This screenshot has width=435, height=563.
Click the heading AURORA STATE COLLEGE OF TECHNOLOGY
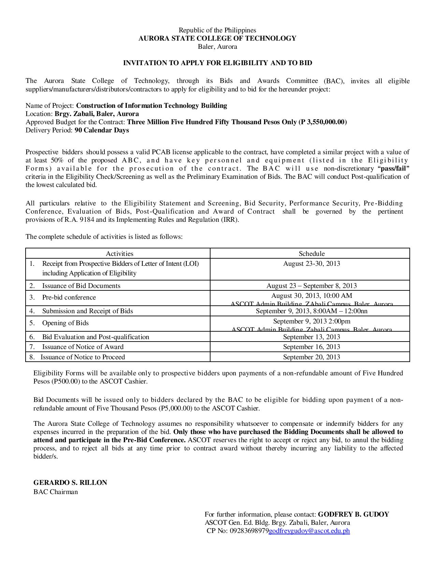click(x=217, y=39)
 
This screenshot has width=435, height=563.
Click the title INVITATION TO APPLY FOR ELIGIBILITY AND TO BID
click(x=217, y=63)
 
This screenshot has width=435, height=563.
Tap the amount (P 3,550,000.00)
click(x=322, y=122)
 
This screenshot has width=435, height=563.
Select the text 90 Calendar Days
click(x=102, y=130)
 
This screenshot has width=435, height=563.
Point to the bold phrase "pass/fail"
click(x=393, y=169)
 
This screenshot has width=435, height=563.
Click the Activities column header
click(x=119, y=254)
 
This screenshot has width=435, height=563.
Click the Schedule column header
click(x=311, y=254)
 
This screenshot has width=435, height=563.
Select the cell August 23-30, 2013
click(x=311, y=264)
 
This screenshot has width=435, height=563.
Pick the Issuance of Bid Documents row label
click(x=81, y=286)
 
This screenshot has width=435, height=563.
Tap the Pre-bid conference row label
click(x=69, y=298)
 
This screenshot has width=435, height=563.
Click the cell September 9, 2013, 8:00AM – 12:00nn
click(x=311, y=311)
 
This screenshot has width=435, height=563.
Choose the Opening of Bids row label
click(x=65, y=323)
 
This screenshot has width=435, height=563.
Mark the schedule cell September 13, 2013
click(x=311, y=337)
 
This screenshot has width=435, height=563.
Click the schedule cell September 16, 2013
click(x=311, y=347)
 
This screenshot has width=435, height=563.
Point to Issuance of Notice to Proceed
click(x=83, y=357)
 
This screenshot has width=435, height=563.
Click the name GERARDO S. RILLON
click(x=70, y=483)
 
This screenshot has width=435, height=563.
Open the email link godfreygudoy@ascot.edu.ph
click(x=309, y=531)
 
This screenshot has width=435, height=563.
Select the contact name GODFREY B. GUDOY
click(x=353, y=515)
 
